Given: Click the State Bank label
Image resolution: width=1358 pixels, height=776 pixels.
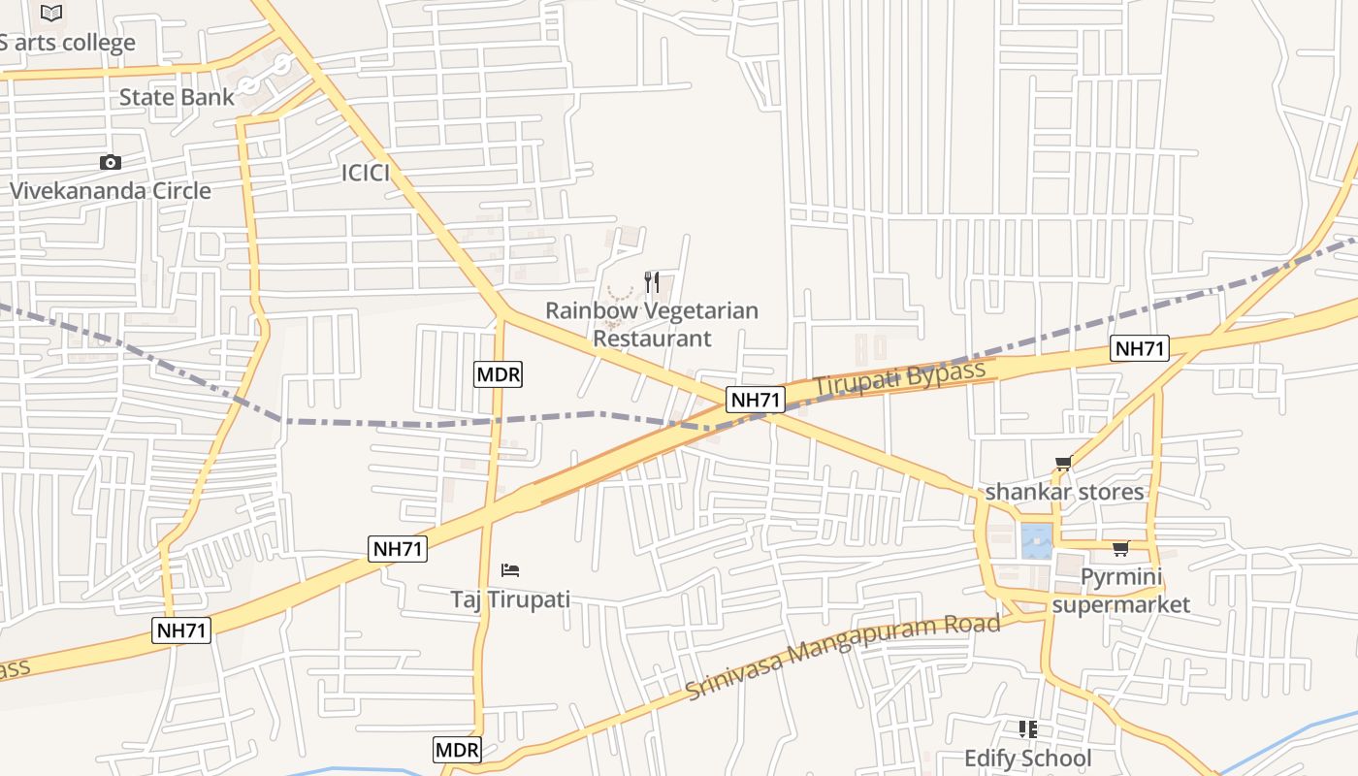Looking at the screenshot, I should click(x=177, y=97).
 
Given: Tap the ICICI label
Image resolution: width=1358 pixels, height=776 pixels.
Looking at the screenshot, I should click(x=366, y=173).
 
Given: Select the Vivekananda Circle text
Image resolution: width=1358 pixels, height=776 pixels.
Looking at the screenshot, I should click(x=110, y=190).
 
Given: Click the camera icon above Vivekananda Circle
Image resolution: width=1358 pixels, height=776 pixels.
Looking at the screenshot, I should click(x=111, y=163).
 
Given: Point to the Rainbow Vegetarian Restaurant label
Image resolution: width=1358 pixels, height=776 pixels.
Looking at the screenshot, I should click(x=652, y=324).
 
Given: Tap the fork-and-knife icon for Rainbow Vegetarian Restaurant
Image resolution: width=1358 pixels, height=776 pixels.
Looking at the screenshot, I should click(x=652, y=282).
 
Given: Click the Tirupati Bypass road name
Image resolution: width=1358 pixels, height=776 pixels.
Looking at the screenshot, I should click(x=899, y=377).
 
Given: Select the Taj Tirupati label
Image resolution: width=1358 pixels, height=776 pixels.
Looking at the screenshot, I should click(x=510, y=598).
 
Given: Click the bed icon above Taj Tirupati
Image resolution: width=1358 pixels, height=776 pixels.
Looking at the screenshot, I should click(x=510, y=569).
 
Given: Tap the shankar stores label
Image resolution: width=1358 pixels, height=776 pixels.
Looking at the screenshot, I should click(x=1064, y=492).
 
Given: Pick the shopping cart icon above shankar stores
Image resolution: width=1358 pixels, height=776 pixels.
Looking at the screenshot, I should click(x=1063, y=464).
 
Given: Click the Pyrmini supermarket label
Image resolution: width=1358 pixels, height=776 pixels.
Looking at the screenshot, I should click(x=1120, y=591).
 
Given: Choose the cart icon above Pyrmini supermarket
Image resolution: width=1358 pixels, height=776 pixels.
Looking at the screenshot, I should click(x=1120, y=549).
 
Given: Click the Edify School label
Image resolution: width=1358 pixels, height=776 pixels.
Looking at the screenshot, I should click(x=1027, y=758).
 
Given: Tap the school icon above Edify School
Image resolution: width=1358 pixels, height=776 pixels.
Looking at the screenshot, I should click(x=1027, y=728).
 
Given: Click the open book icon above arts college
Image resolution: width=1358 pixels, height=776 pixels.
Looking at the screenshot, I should click(x=51, y=14).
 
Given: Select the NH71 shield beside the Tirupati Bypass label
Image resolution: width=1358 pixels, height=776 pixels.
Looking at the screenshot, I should click(x=756, y=400).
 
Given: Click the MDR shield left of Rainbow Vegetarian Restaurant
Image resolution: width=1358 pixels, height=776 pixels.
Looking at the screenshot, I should click(x=499, y=373).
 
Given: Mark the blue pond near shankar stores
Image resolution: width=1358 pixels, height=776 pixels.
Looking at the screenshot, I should click(x=1036, y=539).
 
